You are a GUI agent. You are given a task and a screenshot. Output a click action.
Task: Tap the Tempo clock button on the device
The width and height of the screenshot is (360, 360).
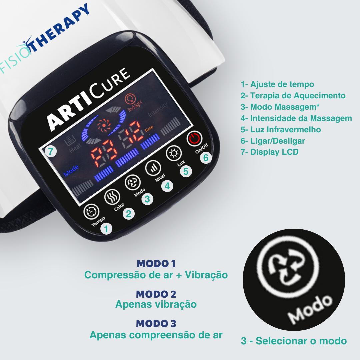(x=91, y=211)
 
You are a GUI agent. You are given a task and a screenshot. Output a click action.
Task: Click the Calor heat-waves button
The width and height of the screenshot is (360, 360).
(x=112, y=197)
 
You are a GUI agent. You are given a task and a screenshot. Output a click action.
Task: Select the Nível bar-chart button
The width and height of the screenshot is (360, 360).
(x=153, y=168)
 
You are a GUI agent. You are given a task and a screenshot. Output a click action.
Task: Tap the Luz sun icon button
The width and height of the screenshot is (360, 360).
(x=174, y=153)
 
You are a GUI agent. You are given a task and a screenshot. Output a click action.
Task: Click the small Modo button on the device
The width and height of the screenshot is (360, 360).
(x=132, y=183)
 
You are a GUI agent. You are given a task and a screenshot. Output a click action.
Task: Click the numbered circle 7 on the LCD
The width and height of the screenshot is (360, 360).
(x=51, y=151)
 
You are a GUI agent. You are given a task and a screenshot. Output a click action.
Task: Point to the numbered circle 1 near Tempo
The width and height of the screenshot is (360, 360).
(x=106, y=229)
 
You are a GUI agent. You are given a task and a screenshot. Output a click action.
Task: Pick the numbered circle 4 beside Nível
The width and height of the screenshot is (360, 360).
(x=167, y=186)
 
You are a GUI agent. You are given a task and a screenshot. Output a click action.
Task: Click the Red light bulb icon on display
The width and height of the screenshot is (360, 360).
(x=130, y=99)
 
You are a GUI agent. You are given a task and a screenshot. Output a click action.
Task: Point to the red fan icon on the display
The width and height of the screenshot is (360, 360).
(x=104, y=125)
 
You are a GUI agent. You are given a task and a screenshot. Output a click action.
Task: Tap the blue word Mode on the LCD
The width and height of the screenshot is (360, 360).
(x=71, y=171)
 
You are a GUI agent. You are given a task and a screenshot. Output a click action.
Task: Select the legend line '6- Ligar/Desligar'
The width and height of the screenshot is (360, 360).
(x=273, y=141)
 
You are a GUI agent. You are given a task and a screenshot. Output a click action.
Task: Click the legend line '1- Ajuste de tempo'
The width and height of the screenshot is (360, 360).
(x=277, y=84)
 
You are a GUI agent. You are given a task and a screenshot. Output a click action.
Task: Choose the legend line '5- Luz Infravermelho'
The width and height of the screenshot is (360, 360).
(x=281, y=129)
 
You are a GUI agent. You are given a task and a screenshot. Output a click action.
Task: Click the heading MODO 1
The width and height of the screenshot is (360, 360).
(x=156, y=264)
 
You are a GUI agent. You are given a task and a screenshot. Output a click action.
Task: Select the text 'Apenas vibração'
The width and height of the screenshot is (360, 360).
(x=156, y=304)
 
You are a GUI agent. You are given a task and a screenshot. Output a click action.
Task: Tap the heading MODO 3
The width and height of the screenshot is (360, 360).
(x=156, y=323)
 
